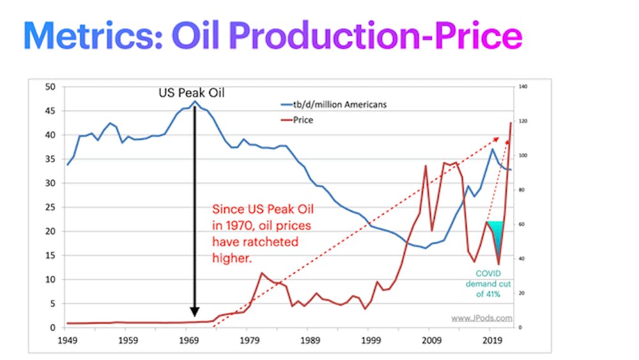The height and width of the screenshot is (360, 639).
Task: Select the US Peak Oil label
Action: point(191,93)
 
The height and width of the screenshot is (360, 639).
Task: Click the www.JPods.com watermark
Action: point(481,317)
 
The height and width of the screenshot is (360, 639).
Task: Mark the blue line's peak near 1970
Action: point(195,101)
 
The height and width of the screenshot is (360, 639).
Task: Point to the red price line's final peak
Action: point(511,123)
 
